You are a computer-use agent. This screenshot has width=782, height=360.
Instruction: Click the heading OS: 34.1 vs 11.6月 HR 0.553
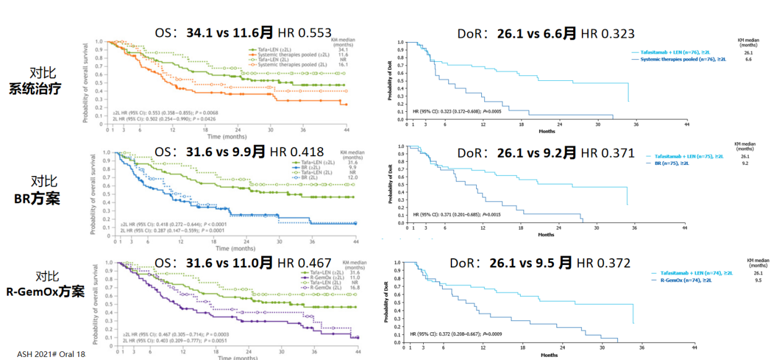pyautogui.click(x=243, y=33)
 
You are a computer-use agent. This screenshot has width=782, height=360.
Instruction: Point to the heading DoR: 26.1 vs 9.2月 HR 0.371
pyautogui.click(x=545, y=153)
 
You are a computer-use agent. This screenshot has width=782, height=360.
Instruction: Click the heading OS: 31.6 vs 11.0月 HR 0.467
pyautogui.click(x=243, y=262)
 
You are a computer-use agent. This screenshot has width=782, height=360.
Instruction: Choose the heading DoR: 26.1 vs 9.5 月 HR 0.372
pyautogui.click(x=540, y=263)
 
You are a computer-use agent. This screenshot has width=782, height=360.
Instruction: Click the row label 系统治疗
pyautogui.click(x=35, y=88)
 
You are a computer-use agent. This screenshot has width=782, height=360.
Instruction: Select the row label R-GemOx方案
pyautogui.click(x=44, y=292)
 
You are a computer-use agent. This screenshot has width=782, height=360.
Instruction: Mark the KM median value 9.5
pyautogui.click(x=758, y=280)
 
